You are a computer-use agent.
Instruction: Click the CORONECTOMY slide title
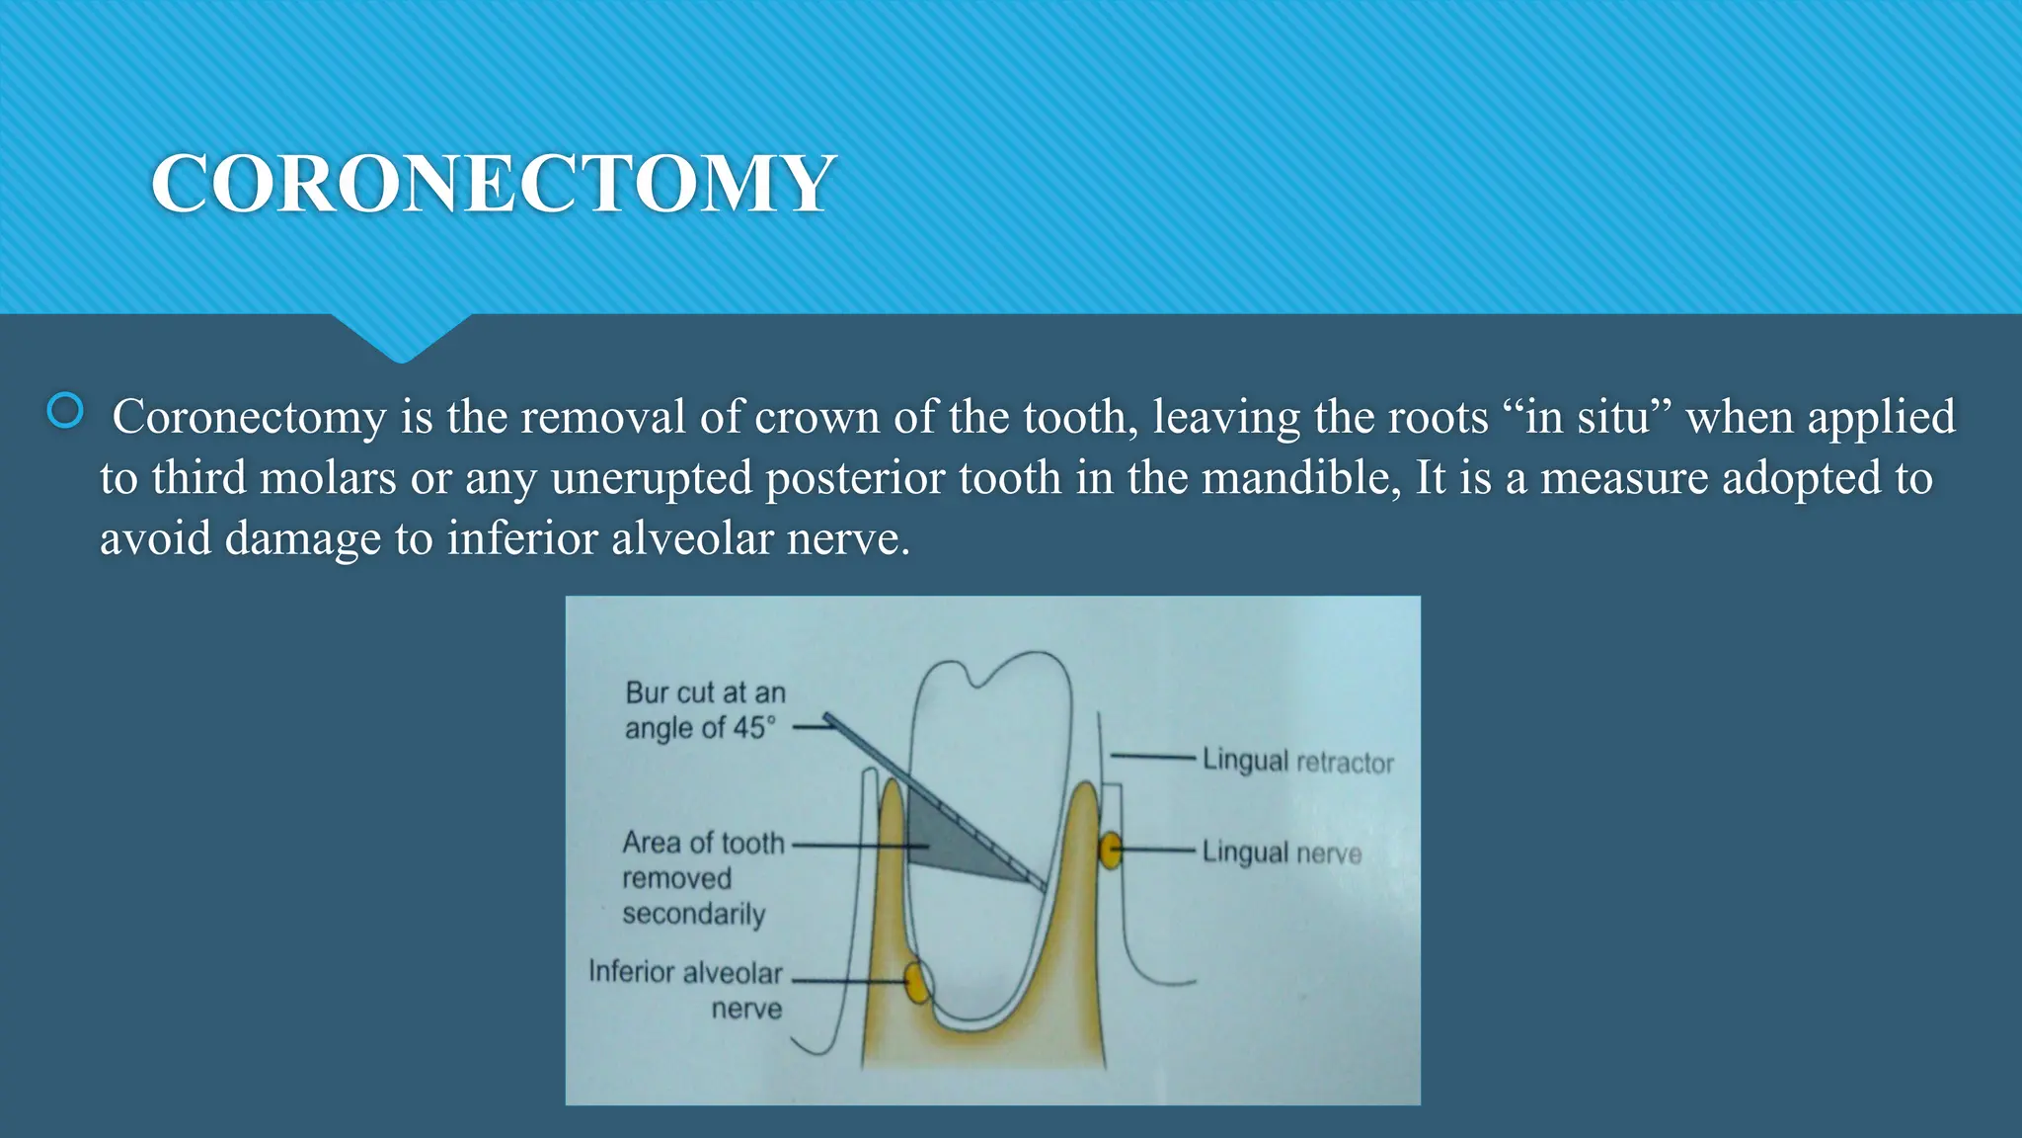click(x=494, y=184)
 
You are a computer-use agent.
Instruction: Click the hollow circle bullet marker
click(x=65, y=411)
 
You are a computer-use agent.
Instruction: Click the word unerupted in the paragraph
click(x=652, y=478)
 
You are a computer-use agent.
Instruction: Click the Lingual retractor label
click(x=1297, y=762)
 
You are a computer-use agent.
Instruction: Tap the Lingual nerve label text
click(x=1282, y=853)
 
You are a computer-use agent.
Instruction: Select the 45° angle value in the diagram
click(x=754, y=728)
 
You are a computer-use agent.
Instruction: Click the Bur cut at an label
click(x=705, y=692)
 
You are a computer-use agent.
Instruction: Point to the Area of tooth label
click(x=703, y=843)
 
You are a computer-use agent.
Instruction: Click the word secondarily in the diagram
click(x=693, y=914)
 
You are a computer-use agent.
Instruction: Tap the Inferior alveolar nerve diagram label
click(x=685, y=990)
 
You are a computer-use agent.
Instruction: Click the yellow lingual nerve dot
click(x=1111, y=850)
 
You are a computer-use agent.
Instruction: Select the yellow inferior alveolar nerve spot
click(x=917, y=983)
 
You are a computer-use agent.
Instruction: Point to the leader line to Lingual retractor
click(x=1153, y=757)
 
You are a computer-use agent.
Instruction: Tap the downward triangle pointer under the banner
click(x=401, y=336)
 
